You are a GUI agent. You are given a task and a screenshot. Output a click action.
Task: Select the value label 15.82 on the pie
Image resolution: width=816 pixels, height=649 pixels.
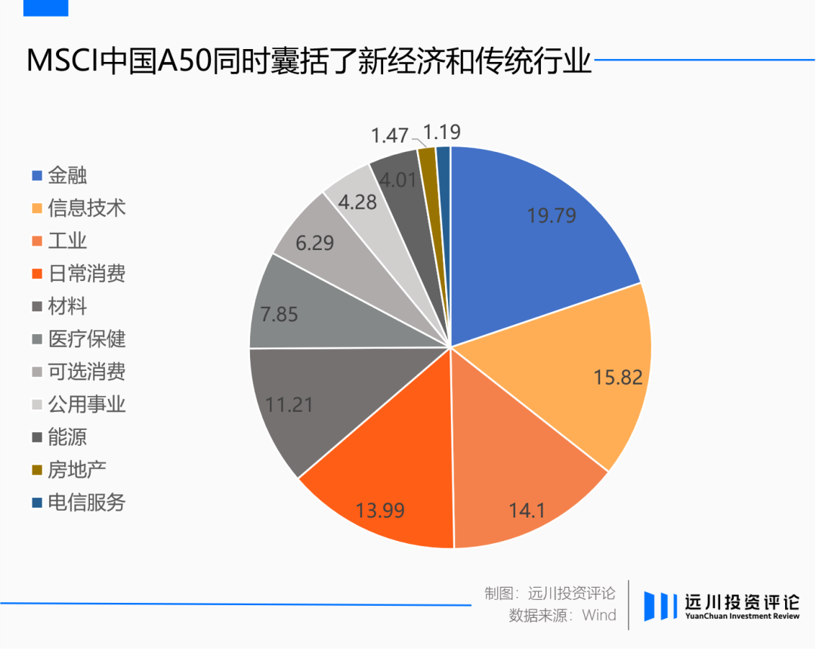pos(618,376)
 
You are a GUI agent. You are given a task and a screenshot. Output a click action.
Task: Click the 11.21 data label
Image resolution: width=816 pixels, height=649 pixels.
pos(291,406)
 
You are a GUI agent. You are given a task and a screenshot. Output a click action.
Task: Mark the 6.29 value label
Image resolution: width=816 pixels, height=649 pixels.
pos(315,243)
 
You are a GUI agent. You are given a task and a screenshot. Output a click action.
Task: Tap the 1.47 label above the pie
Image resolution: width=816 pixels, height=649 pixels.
pos(390,136)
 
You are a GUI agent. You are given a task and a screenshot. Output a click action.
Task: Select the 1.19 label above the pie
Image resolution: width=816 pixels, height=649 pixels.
pos(442,133)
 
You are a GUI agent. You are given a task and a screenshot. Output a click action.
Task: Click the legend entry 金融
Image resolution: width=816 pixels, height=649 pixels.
pos(67,175)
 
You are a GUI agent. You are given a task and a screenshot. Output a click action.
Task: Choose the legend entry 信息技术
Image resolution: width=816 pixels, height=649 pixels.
pos(86,208)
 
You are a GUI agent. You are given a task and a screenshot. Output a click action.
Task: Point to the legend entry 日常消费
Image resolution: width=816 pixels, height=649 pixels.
pos(86,274)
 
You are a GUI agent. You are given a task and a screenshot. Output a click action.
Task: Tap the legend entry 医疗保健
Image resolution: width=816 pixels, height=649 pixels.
pos(86,339)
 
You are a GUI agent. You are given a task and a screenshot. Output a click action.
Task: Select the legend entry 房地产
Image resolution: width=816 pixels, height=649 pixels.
pos(76,470)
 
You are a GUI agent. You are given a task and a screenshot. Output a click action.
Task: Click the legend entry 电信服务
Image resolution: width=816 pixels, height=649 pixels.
pos(86,502)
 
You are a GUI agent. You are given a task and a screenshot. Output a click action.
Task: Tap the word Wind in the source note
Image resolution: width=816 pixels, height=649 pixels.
pos(599,615)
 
